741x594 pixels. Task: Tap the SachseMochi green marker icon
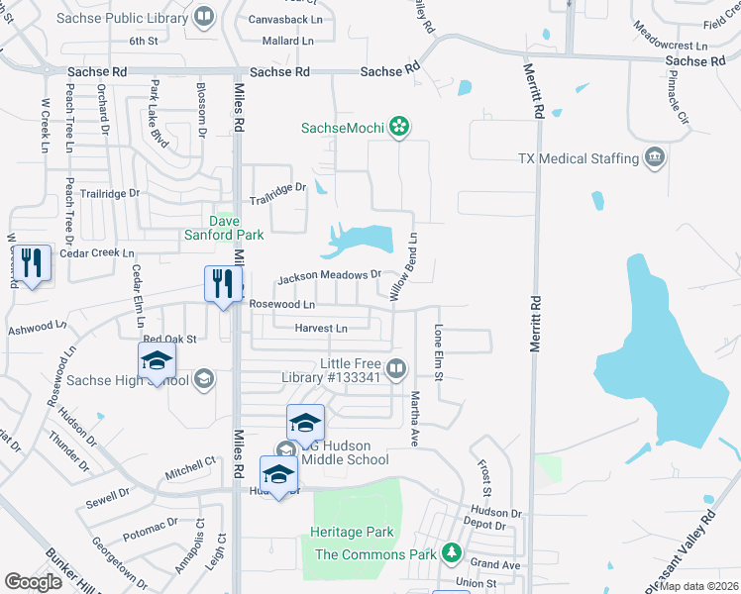click(x=399, y=127)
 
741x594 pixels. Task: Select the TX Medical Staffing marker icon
click(x=654, y=158)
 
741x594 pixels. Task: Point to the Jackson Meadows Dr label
click(x=329, y=276)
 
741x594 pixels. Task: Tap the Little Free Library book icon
click(x=396, y=370)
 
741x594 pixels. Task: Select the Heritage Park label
click(x=352, y=532)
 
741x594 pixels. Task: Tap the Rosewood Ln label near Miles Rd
click(x=282, y=304)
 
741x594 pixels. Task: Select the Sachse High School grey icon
click(x=203, y=379)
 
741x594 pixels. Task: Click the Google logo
click(x=33, y=582)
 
